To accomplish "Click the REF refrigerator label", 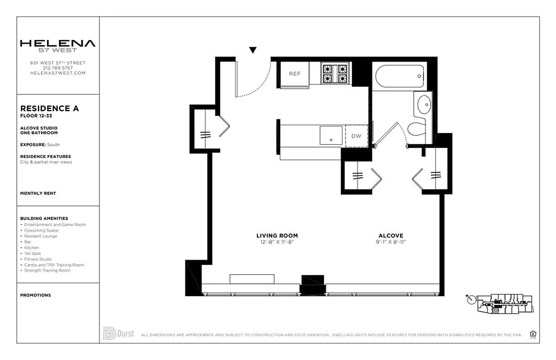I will (x=295, y=74).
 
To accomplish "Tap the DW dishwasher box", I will (x=356, y=136).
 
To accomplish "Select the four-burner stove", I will (x=335, y=74).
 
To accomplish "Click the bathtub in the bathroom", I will (x=399, y=76).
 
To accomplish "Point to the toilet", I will (x=417, y=128).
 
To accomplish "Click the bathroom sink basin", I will (x=424, y=105).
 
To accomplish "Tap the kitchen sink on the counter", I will (x=331, y=135).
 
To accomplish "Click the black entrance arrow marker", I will (x=253, y=50).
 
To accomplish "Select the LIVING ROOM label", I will (x=277, y=235).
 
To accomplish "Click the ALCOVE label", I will (x=391, y=235).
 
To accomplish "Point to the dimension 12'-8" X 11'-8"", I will (x=277, y=242).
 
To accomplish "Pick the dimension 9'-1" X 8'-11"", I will (x=391, y=242).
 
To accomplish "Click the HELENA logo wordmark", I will (x=58, y=44).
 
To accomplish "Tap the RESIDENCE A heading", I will (x=49, y=108).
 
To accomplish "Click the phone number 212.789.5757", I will (x=58, y=68).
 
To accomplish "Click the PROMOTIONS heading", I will (x=36, y=295).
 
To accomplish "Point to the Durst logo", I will (x=118, y=333).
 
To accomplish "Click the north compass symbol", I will (x=471, y=299).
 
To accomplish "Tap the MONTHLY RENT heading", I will (x=38, y=193).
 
